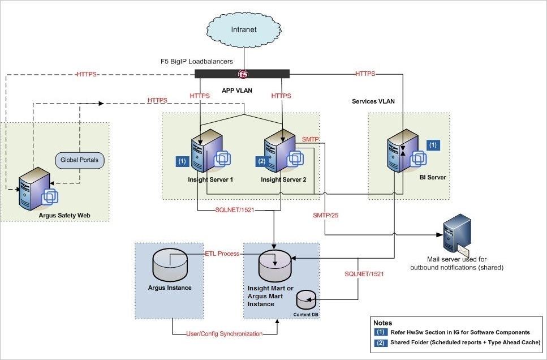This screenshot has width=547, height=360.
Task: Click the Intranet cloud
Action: click(243, 28)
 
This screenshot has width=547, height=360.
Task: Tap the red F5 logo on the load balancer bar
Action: click(243, 74)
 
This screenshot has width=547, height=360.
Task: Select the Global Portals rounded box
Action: click(79, 160)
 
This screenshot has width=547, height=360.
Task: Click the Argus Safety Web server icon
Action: click(33, 188)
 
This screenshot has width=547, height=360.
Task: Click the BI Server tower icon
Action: click(398, 151)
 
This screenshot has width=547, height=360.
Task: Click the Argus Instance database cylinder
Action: click(170, 265)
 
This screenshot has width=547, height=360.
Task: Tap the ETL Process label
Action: click(222, 254)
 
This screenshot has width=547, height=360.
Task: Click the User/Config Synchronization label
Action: click(225, 333)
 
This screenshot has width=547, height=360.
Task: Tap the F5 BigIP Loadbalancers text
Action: click(197, 61)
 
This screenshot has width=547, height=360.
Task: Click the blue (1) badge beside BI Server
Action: click(433, 144)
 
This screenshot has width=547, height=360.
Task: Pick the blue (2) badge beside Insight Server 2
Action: click(261, 161)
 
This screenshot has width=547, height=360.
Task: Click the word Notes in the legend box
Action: click(384, 323)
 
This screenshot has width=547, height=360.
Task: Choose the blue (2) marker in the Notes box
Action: click(381, 342)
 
